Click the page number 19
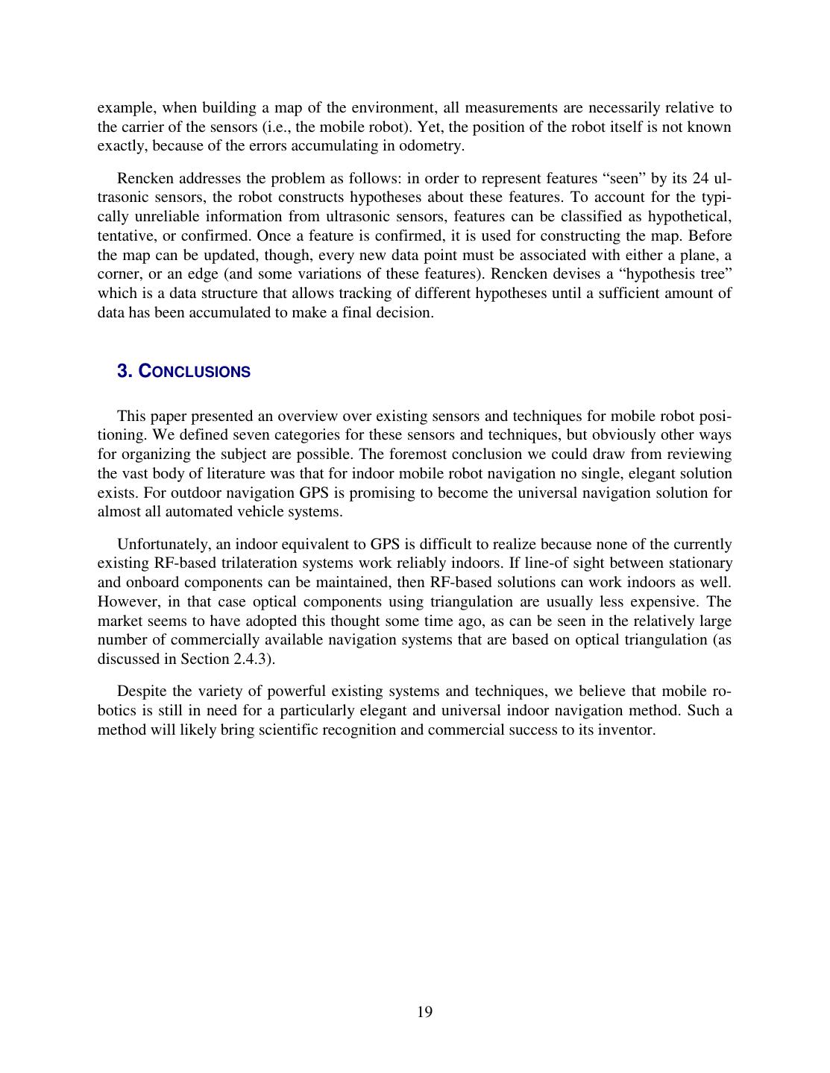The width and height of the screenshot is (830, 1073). [424, 1011]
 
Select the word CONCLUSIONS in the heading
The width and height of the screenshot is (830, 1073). [195, 371]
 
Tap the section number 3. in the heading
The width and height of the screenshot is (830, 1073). [125, 371]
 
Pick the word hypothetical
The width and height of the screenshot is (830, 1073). [689, 216]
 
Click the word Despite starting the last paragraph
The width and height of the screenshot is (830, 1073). [142, 691]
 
